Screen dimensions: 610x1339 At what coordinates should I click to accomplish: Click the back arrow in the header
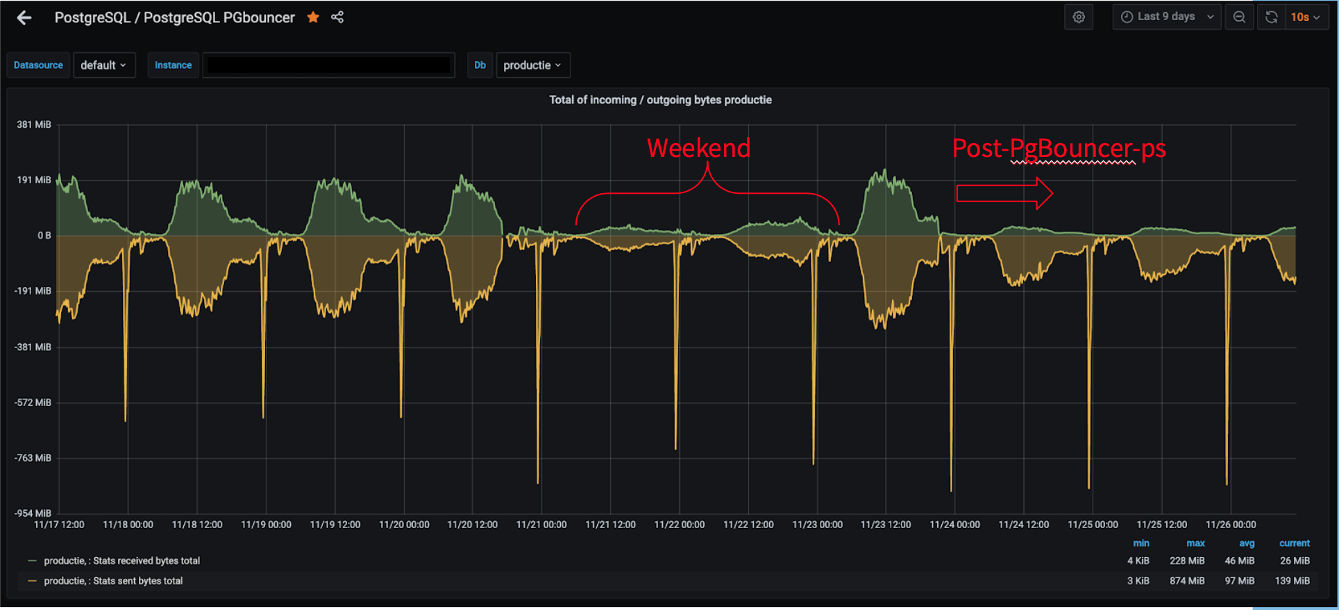pyautogui.click(x=24, y=18)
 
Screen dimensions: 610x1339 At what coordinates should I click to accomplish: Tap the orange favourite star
pyautogui.click(x=313, y=17)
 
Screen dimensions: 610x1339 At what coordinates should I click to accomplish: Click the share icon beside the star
pyautogui.click(x=337, y=17)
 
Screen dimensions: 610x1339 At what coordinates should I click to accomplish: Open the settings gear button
pyautogui.click(x=1079, y=17)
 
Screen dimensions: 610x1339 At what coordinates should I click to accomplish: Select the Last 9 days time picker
pyautogui.click(x=1167, y=17)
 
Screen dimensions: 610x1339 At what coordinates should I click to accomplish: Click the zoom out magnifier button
pyautogui.click(x=1239, y=17)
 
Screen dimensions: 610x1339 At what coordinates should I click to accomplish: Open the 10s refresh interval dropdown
pyautogui.click(x=1305, y=17)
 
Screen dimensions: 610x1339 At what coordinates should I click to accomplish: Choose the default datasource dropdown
pyautogui.click(x=103, y=65)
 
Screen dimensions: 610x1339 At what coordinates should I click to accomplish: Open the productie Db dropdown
pyautogui.click(x=532, y=65)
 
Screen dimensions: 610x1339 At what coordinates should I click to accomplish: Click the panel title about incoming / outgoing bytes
pyautogui.click(x=660, y=100)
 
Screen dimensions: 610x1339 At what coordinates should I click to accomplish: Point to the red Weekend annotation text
pyautogui.click(x=698, y=148)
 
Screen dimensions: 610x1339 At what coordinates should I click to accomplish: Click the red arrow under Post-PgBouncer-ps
pyautogui.click(x=1004, y=193)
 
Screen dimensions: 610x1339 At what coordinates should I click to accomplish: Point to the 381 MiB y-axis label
pyautogui.click(x=34, y=125)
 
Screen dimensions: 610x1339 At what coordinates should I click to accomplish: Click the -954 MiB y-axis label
pyautogui.click(x=33, y=513)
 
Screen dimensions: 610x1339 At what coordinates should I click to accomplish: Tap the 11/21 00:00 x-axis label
pyautogui.click(x=541, y=525)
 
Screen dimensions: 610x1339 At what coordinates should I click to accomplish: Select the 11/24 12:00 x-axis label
pyautogui.click(x=1024, y=525)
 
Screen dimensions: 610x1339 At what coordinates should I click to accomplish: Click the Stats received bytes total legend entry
pyautogui.click(x=121, y=561)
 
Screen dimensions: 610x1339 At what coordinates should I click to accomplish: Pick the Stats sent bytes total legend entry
pyautogui.click(x=113, y=581)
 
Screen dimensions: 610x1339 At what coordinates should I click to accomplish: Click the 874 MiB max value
pyautogui.click(x=1187, y=581)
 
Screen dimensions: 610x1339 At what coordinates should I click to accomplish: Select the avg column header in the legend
pyautogui.click(x=1247, y=543)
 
